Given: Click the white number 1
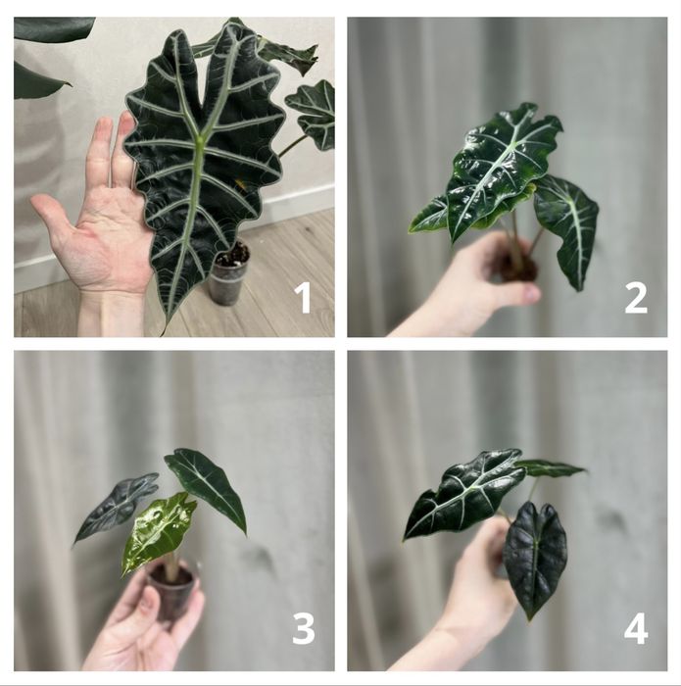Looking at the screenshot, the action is coord(303,298).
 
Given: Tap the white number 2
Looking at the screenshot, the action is coord(636,298).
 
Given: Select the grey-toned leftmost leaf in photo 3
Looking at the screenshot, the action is coord(115,508).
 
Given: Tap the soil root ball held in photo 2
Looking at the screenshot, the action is coord(518,266).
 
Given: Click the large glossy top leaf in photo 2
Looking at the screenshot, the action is coord(503,169).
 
